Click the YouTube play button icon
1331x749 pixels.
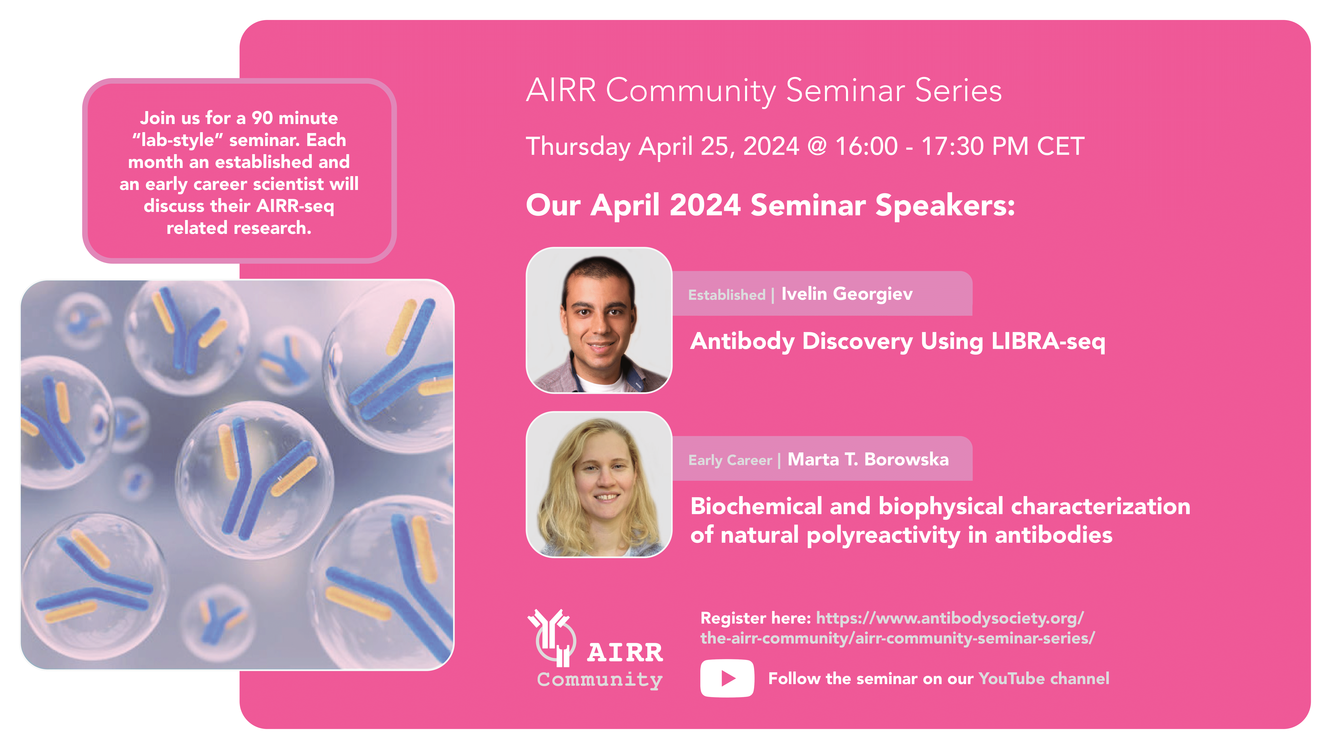pos(727,678)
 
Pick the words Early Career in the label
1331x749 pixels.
pos(730,460)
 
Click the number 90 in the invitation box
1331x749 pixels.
pos(262,118)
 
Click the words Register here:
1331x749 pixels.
pos(755,618)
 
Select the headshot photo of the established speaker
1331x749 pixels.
pos(599,320)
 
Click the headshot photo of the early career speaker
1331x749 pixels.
pos(599,484)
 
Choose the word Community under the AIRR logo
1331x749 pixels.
pos(599,679)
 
